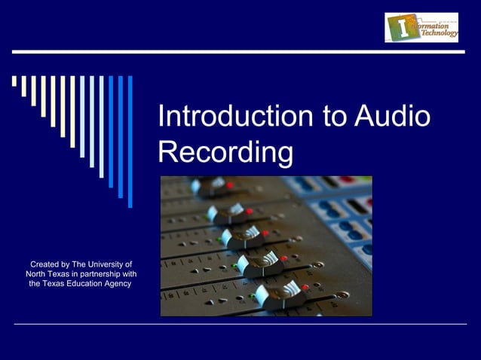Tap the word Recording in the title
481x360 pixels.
(x=225, y=152)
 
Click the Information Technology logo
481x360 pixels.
(x=421, y=27)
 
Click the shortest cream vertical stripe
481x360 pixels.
(x=14, y=81)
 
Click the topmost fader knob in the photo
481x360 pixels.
(x=210, y=185)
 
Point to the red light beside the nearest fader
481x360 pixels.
(x=305, y=287)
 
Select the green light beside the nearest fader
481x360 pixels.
(x=252, y=296)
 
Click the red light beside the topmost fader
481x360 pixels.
(x=230, y=184)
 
